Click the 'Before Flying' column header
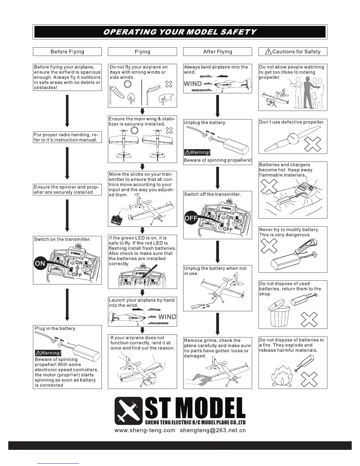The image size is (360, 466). [67, 52]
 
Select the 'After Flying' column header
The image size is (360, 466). [217, 52]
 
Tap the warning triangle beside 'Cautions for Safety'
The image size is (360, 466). [268, 52]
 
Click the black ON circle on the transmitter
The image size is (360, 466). [40, 263]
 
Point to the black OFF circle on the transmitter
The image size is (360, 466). [190, 218]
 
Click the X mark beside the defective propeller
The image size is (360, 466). [312, 144]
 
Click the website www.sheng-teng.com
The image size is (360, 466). [144, 430]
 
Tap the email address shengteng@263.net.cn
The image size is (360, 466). [213, 430]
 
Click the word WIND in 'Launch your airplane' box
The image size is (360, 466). [167, 317]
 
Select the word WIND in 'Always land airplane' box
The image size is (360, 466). [193, 84]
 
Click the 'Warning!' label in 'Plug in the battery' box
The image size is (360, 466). [48, 353]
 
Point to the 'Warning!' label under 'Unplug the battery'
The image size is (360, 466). [197, 152]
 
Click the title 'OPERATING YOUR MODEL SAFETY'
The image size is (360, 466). [180, 32]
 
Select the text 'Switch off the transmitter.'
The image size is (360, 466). [212, 194]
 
